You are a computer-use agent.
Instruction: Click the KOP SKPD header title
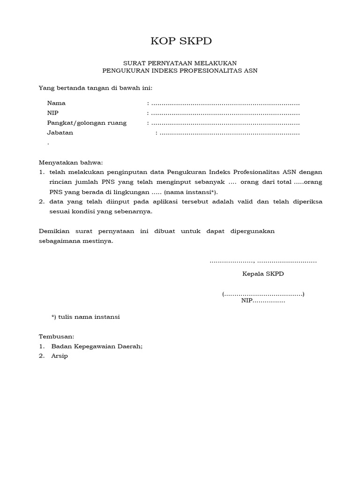[x=181, y=41]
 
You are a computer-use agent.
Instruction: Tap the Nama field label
[x=56, y=103]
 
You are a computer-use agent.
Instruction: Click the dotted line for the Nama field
[x=225, y=104]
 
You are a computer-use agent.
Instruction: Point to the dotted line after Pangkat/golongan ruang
[x=225, y=123]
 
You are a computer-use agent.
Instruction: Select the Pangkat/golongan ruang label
[x=87, y=123]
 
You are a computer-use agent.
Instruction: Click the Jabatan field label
[x=60, y=133]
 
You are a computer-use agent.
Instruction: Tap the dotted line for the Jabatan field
[x=230, y=133]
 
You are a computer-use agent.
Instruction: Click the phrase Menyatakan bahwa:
[x=70, y=163]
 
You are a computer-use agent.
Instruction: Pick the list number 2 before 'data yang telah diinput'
[x=41, y=202]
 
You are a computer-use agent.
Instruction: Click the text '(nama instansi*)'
[x=191, y=192]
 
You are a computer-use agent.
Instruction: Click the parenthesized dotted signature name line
[x=263, y=294]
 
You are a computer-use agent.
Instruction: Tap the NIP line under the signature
[x=263, y=301]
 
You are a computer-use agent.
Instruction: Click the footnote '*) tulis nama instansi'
[x=85, y=317]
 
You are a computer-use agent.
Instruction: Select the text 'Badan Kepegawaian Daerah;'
[x=97, y=346]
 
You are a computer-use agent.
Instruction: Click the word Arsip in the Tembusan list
[x=60, y=356]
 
